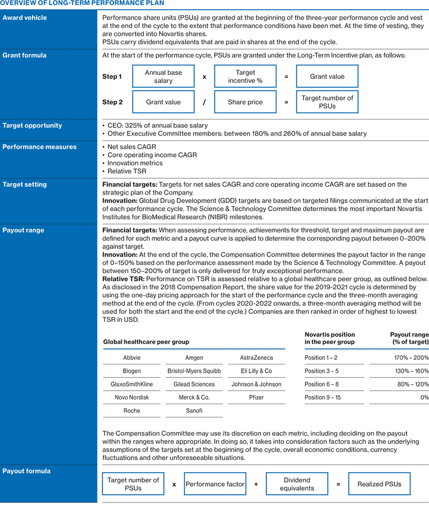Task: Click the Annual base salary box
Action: [163, 77]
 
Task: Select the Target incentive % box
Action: [245, 77]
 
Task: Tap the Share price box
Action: [245, 102]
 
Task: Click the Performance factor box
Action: [215, 484]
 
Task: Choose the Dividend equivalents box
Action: [297, 484]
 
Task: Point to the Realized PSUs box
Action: [379, 484]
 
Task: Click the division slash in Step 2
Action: [204, 102]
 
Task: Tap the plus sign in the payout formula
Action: [256, 484]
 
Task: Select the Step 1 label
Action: [112, 77]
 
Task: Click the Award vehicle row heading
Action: [25, 18]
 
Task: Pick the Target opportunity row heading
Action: [32, 126]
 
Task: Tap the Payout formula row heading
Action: [26, 471]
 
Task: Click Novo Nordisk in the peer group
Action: [132, 397]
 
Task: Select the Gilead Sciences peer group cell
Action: [194, 384]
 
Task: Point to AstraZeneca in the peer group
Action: [256, 358]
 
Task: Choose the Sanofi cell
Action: [194, 411]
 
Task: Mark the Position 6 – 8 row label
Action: [322, 384]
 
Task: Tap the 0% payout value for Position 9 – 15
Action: [425, 397]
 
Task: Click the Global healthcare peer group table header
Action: [146, 341]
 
